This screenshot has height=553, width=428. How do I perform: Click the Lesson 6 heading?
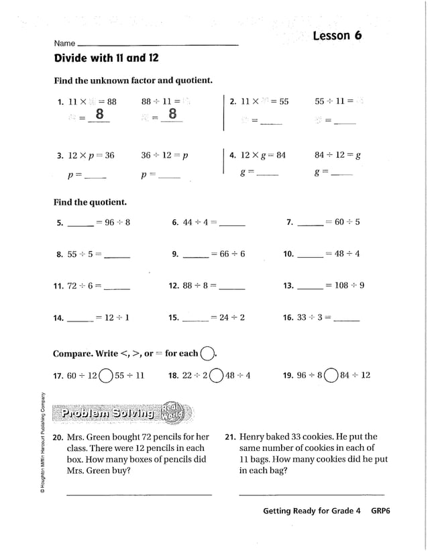(x=337, y=36)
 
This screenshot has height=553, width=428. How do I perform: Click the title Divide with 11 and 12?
(x=106, y=58)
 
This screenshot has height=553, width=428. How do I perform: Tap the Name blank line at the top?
(x=158, y=44)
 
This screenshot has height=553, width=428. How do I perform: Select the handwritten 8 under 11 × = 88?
(x=99, y=115)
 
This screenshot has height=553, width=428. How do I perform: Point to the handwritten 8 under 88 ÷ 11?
(x=172, y=115)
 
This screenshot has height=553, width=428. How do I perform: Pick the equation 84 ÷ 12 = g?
(x=337, y=155)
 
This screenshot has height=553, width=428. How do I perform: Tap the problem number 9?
(x=174, y=254)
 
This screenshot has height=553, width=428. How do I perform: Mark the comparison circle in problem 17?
(x=106, y=376)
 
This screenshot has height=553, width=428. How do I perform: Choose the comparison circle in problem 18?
(x=216, y=376)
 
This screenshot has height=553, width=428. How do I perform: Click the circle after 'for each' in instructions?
(x=208, y=353)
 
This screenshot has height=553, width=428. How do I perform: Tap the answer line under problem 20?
(x=139, y=495)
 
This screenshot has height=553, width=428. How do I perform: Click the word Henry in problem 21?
(x=252, y=436)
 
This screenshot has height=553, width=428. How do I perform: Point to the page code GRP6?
(x=380, y=511)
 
